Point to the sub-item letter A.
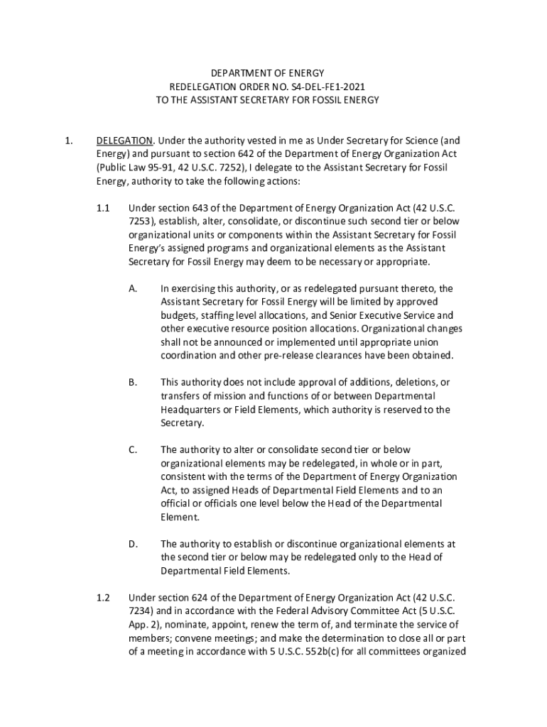(132, 288)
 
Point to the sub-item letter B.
(132, 383)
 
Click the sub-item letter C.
(132, 449)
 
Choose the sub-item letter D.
(133, 544)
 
